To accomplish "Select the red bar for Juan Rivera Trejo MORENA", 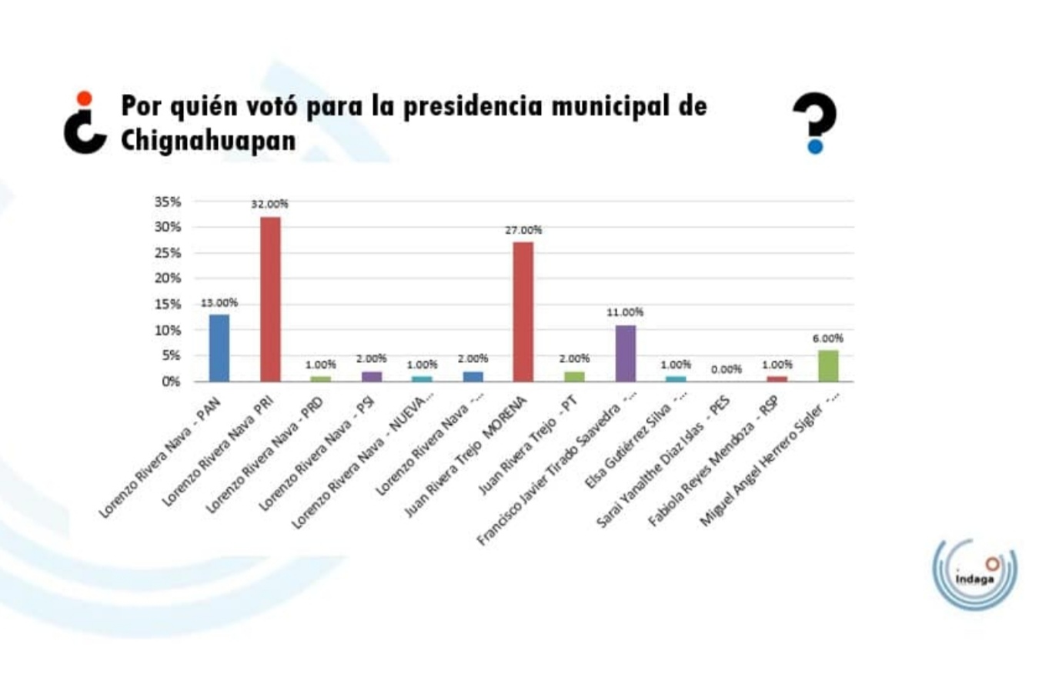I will [x=523, y=312].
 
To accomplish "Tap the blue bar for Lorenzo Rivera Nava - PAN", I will [x=219, y=348].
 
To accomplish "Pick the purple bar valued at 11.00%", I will [x=626, y=353].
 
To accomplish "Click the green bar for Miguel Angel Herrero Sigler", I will [x=828, y=366].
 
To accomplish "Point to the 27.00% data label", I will [x=523, y=230].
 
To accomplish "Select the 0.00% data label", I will [x=726, y=369].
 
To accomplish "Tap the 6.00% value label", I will [x=828, y=339].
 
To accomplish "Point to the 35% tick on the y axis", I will [x=168, y=202].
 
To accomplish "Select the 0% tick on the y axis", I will [x=171, y=382].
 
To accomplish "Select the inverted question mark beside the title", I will [x=85, y=123].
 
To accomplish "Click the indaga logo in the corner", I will [x=974, y=574].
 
